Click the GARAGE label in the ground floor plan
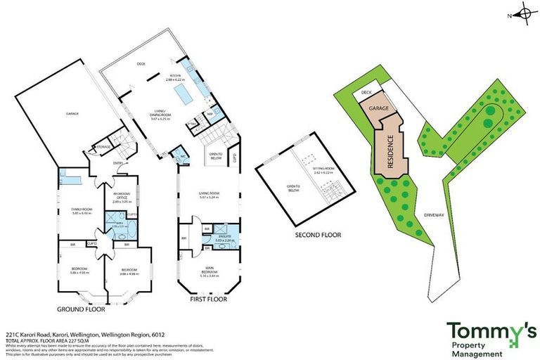point(72,113)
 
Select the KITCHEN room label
point(175,77)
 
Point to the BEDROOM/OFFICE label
point(119,198)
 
